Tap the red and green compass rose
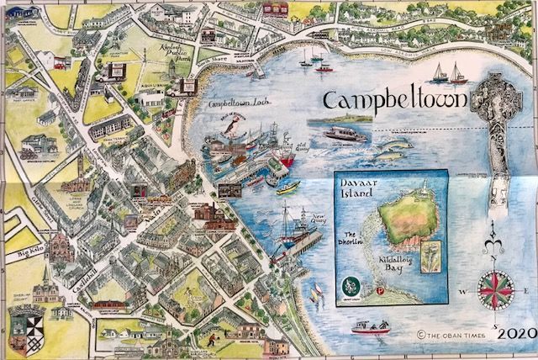click(x=495, y=288)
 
